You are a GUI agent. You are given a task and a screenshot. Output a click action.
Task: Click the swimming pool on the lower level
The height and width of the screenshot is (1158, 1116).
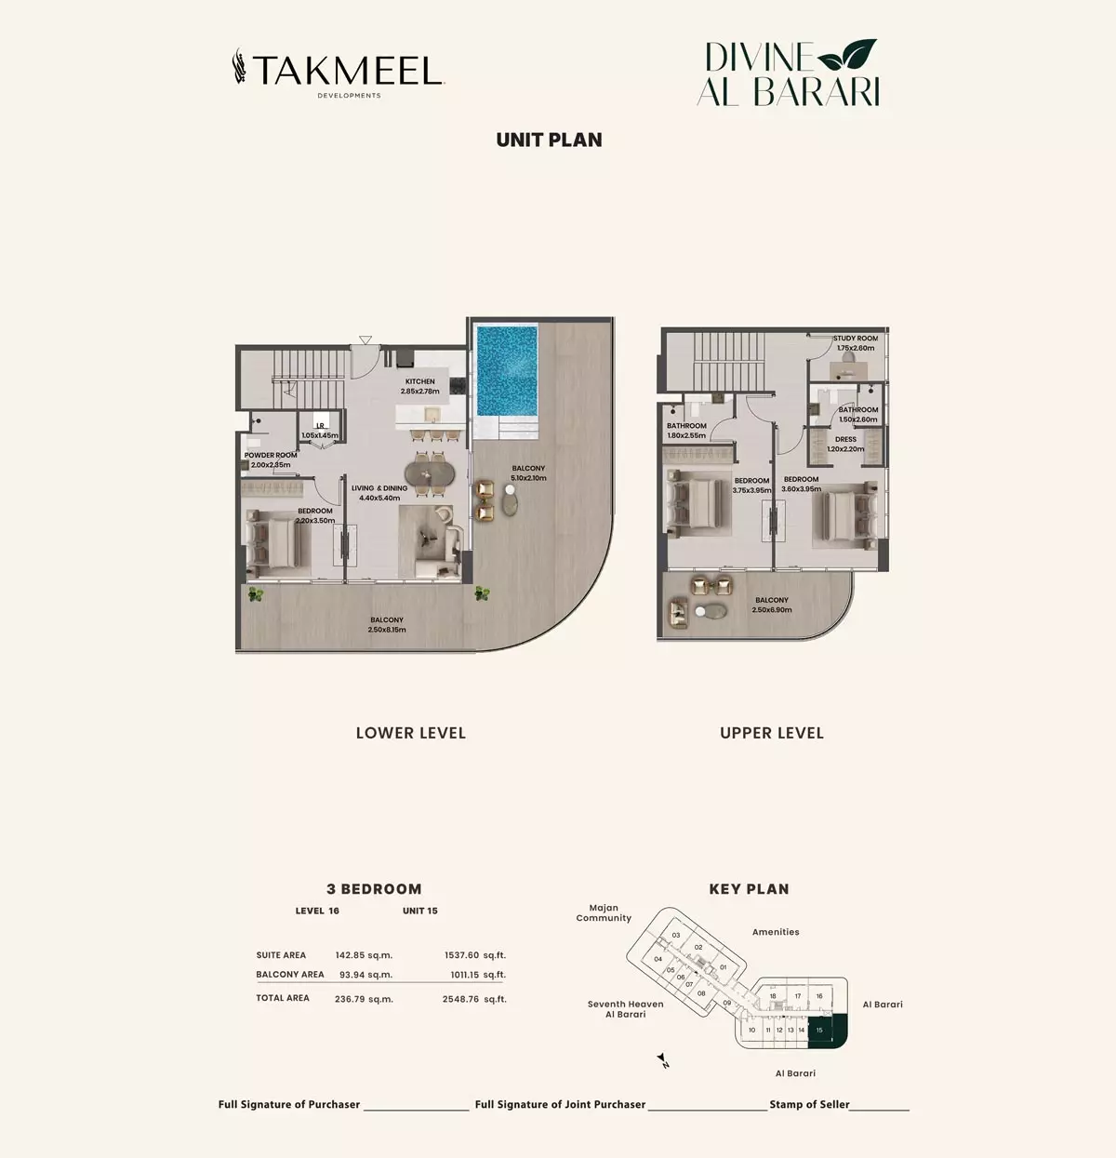pos(508,371)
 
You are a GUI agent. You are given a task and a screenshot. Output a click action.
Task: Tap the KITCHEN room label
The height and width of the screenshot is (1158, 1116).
pos(420,381)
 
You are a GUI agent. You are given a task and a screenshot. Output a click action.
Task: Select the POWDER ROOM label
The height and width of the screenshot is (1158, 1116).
pos(271,455)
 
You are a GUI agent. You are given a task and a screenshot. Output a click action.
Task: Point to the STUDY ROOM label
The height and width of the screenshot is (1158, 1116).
pos(856,338)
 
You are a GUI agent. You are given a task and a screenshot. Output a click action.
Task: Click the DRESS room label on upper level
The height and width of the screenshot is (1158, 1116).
pos(845,439)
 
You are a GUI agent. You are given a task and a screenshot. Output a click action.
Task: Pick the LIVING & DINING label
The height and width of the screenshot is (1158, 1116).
pos(379,488)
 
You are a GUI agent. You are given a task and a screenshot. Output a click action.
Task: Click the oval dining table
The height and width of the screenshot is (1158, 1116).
pos(430,474)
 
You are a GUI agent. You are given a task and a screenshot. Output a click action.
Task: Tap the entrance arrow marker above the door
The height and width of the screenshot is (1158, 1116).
pos(365,339)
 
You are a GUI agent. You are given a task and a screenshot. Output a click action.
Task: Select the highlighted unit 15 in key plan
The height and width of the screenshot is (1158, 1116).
pos(827,1030)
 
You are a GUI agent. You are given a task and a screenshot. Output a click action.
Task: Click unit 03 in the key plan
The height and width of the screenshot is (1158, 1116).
pos(676,935)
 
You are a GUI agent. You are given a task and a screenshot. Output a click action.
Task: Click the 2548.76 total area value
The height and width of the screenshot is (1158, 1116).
pos(460,999)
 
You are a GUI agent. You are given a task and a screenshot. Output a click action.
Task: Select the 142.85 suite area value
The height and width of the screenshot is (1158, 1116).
pos(349,955)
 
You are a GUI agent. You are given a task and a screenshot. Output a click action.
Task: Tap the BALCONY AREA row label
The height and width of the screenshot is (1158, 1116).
pos(290,974)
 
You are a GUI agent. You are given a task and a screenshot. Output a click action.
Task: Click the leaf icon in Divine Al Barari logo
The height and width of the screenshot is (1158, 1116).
pos(847,55)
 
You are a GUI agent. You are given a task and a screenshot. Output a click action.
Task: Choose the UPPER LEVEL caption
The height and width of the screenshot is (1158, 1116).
pos(772,733)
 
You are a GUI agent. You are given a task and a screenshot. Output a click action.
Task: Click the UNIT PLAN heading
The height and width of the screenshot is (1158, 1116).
pos(549,140)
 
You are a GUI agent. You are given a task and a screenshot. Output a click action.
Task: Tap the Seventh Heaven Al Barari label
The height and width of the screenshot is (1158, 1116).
pos(625,1008)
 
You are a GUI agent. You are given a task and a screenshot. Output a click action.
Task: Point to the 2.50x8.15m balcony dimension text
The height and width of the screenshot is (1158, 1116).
pos(387,630)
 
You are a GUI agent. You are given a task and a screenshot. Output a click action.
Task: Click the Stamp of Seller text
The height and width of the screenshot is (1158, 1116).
pos(809,1104)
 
